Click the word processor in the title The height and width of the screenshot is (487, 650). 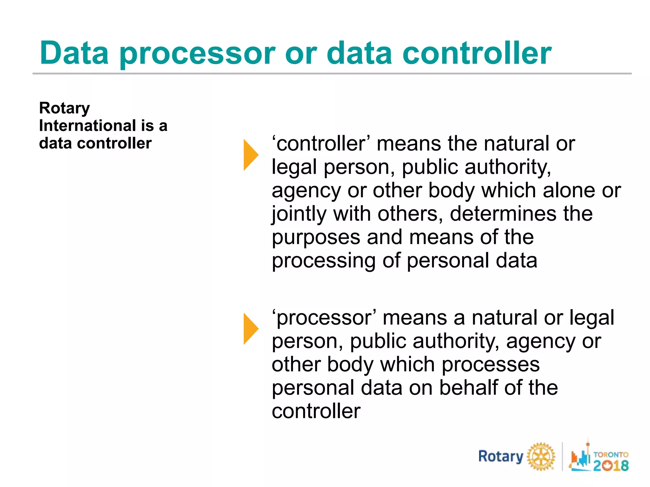pyautogui.click(x=197, y=54)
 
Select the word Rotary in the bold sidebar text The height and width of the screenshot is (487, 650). pyautogui.click(x=64, y=108)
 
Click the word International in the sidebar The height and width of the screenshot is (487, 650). pyautogui.click(x=88, y=126)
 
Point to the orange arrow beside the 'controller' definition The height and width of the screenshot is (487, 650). pyautogui.click(x=250, y=155)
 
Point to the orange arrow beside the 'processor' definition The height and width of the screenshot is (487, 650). pyautogui.click(x=250, y=328)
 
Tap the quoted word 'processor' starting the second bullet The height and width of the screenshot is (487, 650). pyautogui.click(x=324, y=318)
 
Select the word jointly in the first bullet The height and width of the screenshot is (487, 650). pyautogui.click(x=299, y=214)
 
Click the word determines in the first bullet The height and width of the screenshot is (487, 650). pyautogui.click(x=503, y=214)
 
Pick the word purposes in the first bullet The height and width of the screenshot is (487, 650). pyautogui.click(x=316, y=238)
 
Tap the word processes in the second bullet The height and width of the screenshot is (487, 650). pyautogui.click(x=491, y=365)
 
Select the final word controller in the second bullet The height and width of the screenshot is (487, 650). pyautogui.click(x=316, y=411)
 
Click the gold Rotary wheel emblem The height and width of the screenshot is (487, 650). pyautogui.click(x=541, y=457)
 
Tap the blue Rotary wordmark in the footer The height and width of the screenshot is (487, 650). pyautogui.click(x=501, y=457)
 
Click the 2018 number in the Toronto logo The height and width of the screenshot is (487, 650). pyautogui.click(x=611, y=465)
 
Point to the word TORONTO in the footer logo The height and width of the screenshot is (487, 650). pyautogui.click(x=611, y=454)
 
